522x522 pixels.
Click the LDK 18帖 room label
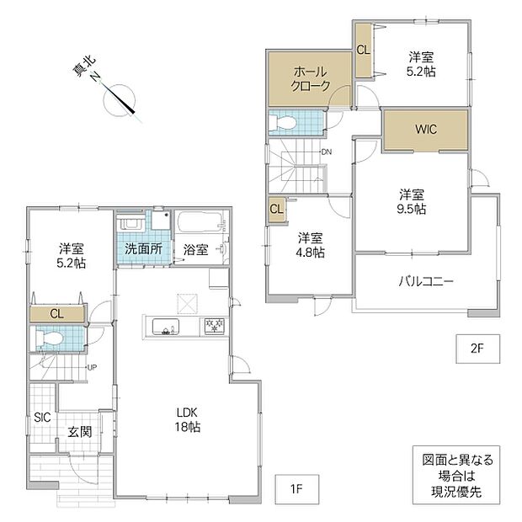click(188, 419)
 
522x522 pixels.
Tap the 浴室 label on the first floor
click(195, 249)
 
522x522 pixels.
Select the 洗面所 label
click(143, 248)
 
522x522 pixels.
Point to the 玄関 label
click(80, 432)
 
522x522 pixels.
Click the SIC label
click(42, 417)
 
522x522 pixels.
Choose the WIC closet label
click(426, 129)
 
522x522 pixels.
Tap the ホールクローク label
click(311, 79)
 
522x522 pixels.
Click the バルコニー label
click(426, 282)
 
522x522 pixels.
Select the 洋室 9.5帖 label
click(412, 201)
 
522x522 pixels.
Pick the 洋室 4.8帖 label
click(311, 245)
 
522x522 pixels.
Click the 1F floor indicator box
click(297, 489)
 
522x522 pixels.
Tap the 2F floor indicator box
click(477, 349)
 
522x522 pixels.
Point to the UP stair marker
click(92, 368)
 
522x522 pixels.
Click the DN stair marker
click(327, 152)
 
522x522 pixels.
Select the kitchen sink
click(166, 327)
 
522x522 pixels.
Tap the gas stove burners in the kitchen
click(215, 326)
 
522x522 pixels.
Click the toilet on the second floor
click(282, 122)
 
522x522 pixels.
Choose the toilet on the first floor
click(47, 339)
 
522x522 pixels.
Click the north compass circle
click(120, 100)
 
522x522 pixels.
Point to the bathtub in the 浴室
click(201, 222)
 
